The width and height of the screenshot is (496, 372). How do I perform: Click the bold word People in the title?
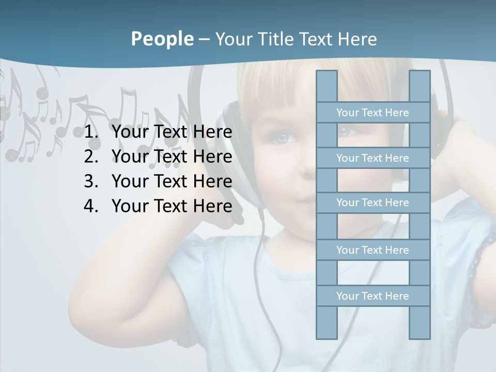[162, 39]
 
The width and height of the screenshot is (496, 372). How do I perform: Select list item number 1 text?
[172, 132]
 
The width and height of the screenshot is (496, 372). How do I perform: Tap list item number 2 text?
[172, 157]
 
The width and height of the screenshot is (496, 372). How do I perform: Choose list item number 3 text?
[172, 181]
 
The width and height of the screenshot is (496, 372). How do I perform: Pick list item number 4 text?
[172, 206]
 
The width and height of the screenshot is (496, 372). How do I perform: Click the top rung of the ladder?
[373, 113]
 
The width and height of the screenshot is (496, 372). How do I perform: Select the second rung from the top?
[373, 158]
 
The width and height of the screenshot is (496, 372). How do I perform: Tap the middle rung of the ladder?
[373, 203]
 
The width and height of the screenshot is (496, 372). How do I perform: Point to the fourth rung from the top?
[373, 250]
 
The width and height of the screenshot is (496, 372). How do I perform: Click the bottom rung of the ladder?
[373, 296]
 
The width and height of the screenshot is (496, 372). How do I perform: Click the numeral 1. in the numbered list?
[92, 132]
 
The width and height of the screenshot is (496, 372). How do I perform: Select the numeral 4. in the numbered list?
[92, 206]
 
